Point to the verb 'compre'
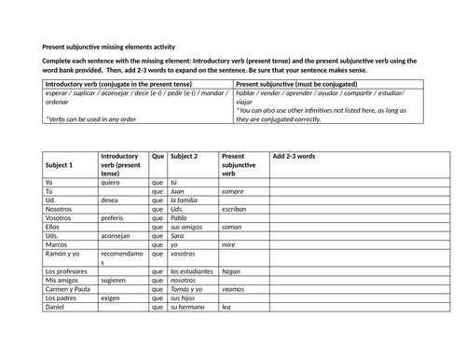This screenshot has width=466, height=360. point(233,191)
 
